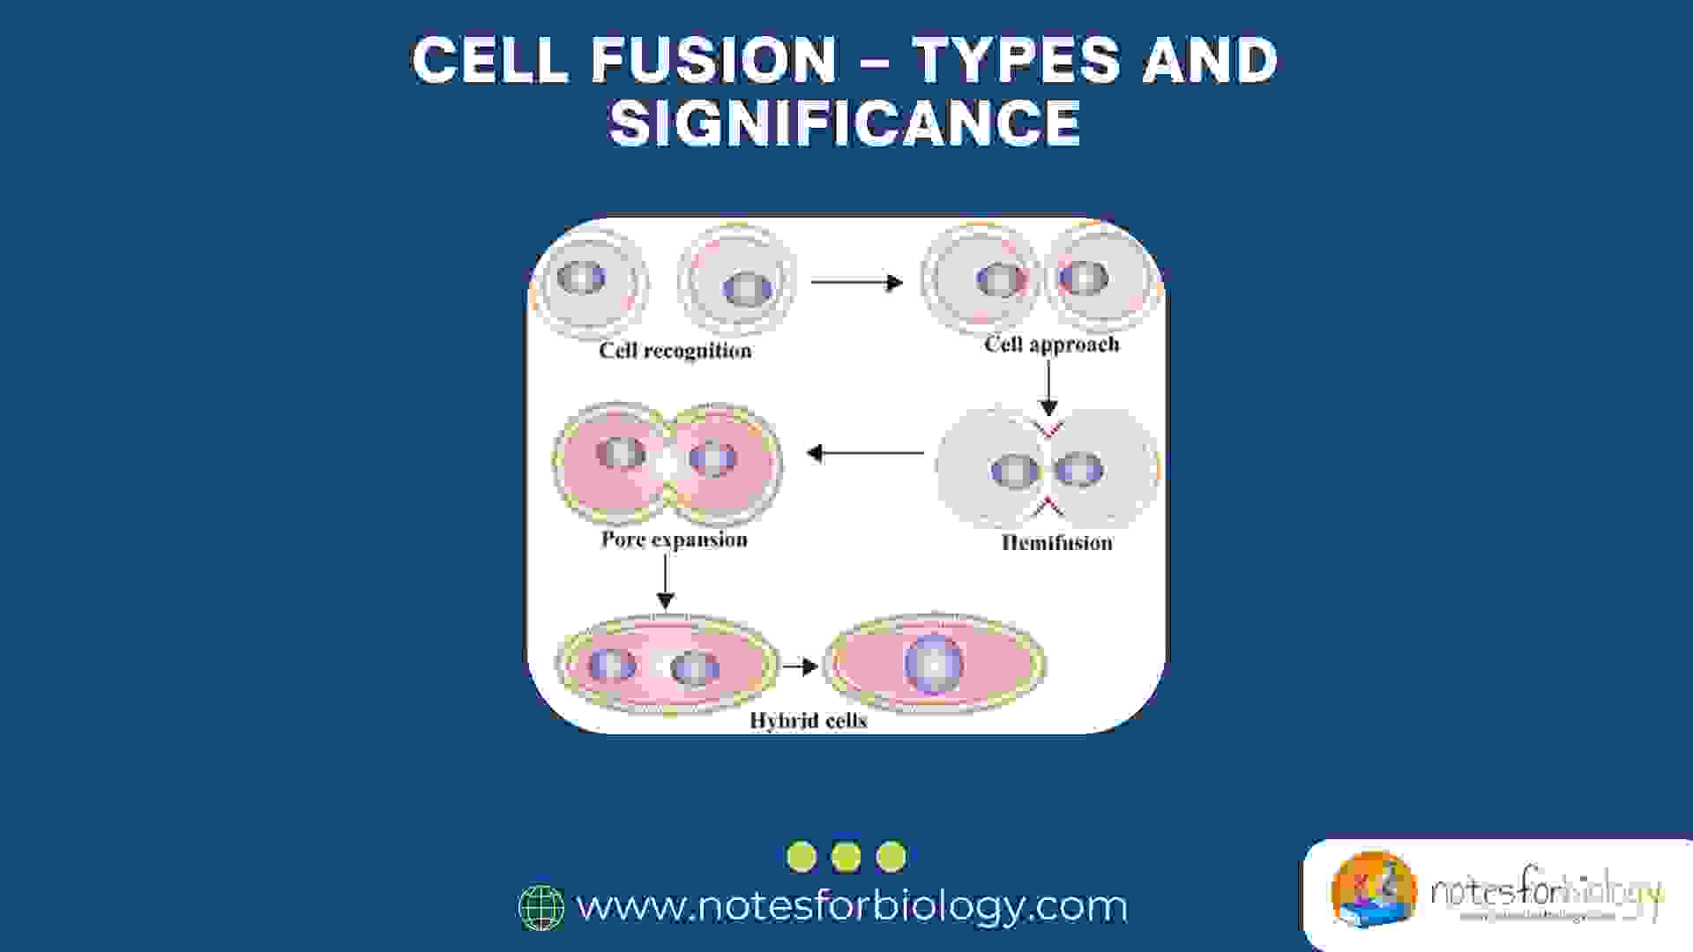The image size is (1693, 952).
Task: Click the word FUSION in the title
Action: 713,60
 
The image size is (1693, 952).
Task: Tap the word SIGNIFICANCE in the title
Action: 845,123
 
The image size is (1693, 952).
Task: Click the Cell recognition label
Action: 675,351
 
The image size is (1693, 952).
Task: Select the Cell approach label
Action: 1051,344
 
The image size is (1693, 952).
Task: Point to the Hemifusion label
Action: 1056,543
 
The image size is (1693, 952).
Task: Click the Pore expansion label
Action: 674,539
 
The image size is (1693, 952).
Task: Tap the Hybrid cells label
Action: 808,721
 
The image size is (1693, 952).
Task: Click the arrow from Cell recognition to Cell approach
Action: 856,282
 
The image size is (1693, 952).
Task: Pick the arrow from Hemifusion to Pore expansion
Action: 865,453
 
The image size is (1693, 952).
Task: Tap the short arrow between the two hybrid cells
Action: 800,666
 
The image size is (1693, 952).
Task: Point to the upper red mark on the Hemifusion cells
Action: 1048,429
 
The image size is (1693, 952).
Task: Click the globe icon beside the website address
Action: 541,908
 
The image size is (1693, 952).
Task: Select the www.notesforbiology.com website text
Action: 852,906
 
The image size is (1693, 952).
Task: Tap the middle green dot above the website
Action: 846,857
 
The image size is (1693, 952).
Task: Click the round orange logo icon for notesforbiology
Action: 1373,890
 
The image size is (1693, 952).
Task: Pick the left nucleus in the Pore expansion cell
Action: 620,453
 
